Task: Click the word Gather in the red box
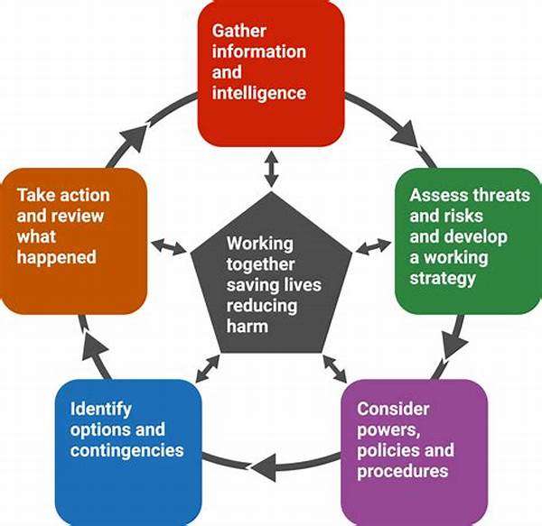point(238,31)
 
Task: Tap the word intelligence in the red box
point(259,93)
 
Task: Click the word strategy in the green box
point(443,279)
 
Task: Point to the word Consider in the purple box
point(393,409)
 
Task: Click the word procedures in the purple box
point(402,472)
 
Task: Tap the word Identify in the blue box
point(100,410)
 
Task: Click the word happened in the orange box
point(57,258)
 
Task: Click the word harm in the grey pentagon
point(248,327)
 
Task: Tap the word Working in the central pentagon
point(260,244)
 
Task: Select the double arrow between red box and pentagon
point(271,169)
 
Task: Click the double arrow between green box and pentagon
point(373,246)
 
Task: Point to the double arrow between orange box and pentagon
point(169,246)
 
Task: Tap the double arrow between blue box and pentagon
point(208,368)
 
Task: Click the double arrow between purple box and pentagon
point(334,368)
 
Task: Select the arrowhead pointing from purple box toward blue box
point(265,467)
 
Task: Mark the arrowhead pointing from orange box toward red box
point(135,137)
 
